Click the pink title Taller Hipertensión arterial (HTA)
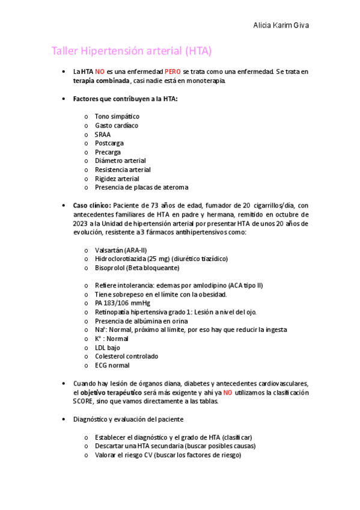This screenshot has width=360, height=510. click(x=132, y=51)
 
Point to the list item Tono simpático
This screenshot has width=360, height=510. click(x=117, y=116)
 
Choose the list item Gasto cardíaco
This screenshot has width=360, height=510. click(x=116, y=125)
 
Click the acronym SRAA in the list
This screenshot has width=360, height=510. click(x=103, y=134)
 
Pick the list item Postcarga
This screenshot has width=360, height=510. click(x=109, y=143)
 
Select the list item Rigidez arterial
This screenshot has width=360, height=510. click(x=117, y=179)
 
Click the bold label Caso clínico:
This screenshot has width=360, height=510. click(x=92, y=205)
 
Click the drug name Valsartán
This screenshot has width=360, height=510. click(x=109, y=250)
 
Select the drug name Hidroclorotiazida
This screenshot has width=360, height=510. click(x=123, y=259)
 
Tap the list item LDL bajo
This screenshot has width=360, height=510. click(x=107, y=348)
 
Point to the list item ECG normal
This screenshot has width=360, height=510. click(x=112, y=365)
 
